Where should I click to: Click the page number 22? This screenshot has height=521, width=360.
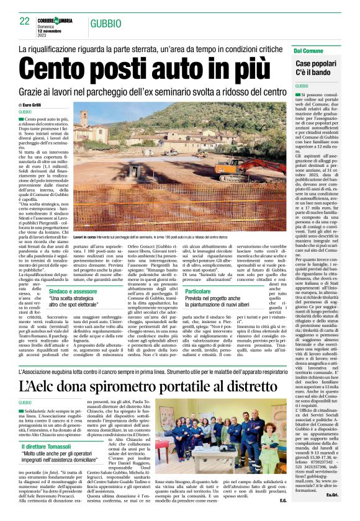(24, 22)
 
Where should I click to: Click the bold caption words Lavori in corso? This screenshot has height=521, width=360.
(85, 238)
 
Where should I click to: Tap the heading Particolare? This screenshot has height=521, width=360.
(200, 290)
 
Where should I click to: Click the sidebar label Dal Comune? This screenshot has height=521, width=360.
(308, 50)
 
